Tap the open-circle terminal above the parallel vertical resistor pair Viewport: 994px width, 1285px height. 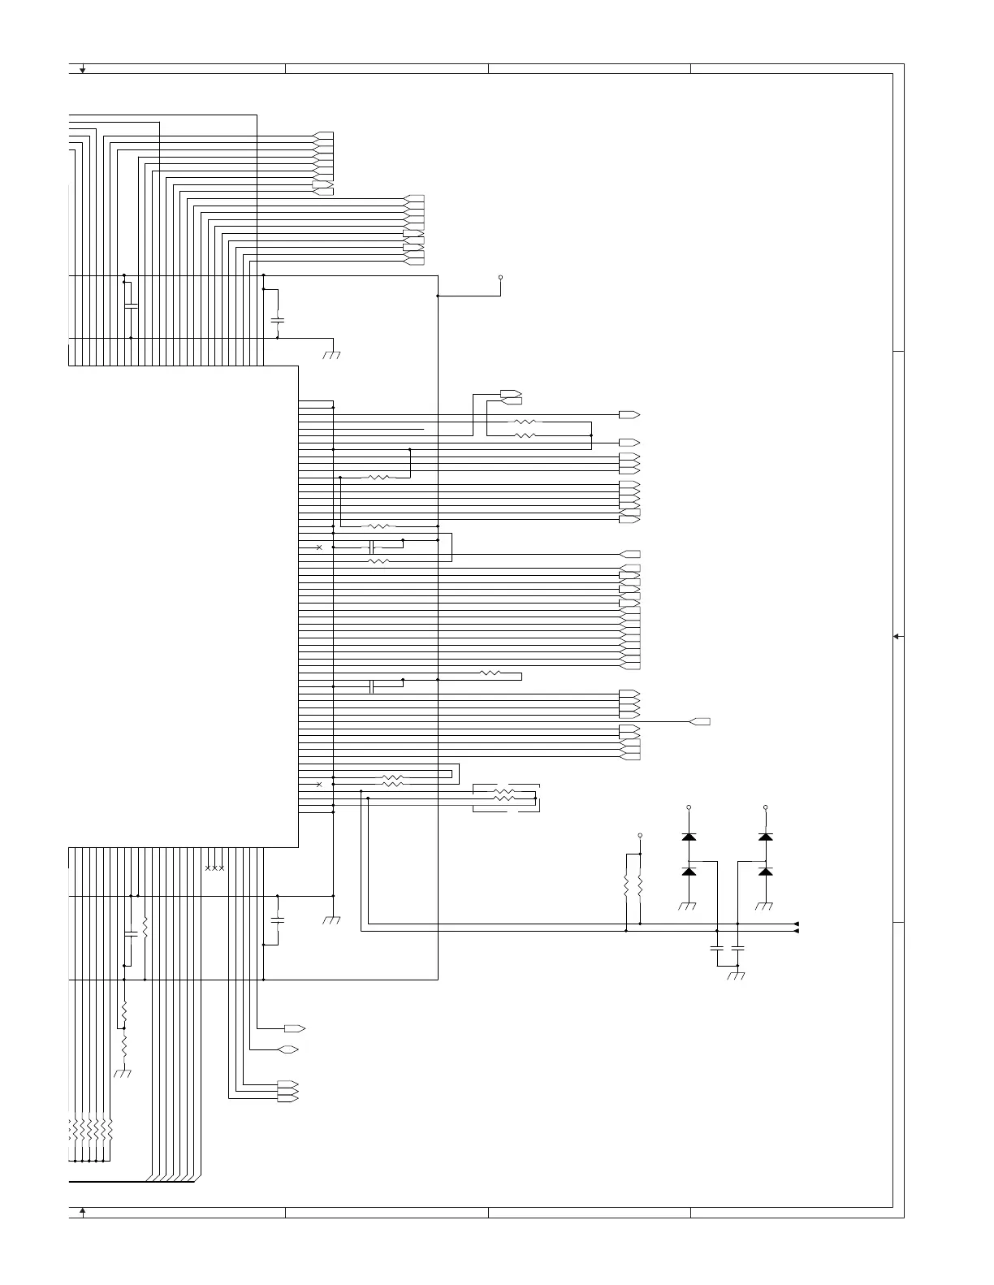click(x=640, y=835)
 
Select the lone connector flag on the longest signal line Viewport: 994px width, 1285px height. click(x=700, y=721)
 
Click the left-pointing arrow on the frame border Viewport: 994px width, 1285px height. click(x=897, y=637)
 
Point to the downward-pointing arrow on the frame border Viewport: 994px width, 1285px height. click(x=83, y=70)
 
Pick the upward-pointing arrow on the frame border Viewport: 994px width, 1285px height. click(x=83, y=1212)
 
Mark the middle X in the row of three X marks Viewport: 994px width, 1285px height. click(x=214, y=868)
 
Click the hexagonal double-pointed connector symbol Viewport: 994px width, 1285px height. click(x=287, y=1049)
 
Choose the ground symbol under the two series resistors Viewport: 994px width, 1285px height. click(x=123, y=1074)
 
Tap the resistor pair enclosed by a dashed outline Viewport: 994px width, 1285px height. click(x=505, y=798)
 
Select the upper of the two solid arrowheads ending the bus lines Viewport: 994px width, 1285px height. click(x=796, y=924)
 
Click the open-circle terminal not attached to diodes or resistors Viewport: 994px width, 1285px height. click(x=500, y=277)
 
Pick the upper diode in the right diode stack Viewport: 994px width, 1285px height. click(x=765, y=836)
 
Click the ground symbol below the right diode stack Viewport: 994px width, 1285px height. click(x=765, y=906)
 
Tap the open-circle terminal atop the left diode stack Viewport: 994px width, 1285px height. click(x=689, y=807)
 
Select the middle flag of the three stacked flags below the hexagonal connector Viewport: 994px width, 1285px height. click(x=287, y=1091)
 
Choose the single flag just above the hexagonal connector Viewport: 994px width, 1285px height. click(x=294, y=1028)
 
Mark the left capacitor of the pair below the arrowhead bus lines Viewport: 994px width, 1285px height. click(x=716, y=947)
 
